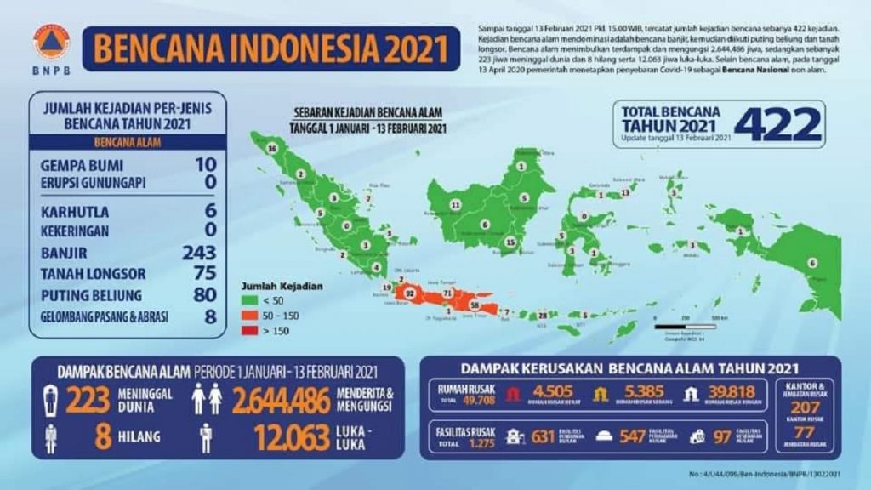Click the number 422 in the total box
777,125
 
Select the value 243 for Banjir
199,253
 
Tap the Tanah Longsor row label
93,274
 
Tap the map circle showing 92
410,293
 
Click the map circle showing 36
272,149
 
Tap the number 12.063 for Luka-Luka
292,437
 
